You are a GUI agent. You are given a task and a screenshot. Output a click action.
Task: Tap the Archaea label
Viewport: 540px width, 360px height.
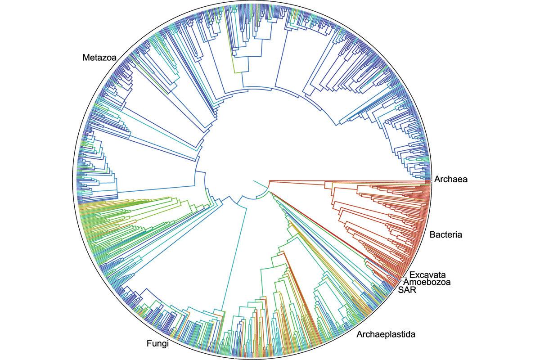451,180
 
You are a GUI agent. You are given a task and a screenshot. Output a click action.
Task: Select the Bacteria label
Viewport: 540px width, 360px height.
446,234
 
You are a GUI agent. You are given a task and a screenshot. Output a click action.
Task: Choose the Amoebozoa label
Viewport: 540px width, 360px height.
427,282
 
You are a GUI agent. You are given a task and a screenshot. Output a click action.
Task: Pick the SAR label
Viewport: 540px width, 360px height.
407,290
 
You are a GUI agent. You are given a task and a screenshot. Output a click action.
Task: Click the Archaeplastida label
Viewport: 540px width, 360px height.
386,334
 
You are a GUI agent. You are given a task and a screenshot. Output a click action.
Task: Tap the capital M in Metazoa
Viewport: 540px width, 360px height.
85,58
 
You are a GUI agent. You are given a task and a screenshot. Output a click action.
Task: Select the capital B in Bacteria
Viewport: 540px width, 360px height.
432,234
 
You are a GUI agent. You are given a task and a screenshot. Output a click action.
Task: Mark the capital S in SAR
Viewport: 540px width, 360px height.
400,290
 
